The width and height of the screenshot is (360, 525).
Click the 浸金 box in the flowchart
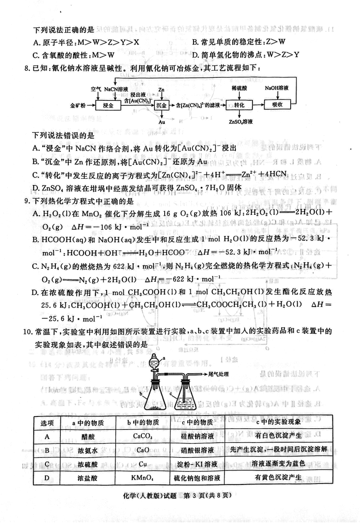(108, 105)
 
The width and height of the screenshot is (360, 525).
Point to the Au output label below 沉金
(162, 122)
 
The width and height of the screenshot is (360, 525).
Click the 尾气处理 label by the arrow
(219, 374)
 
